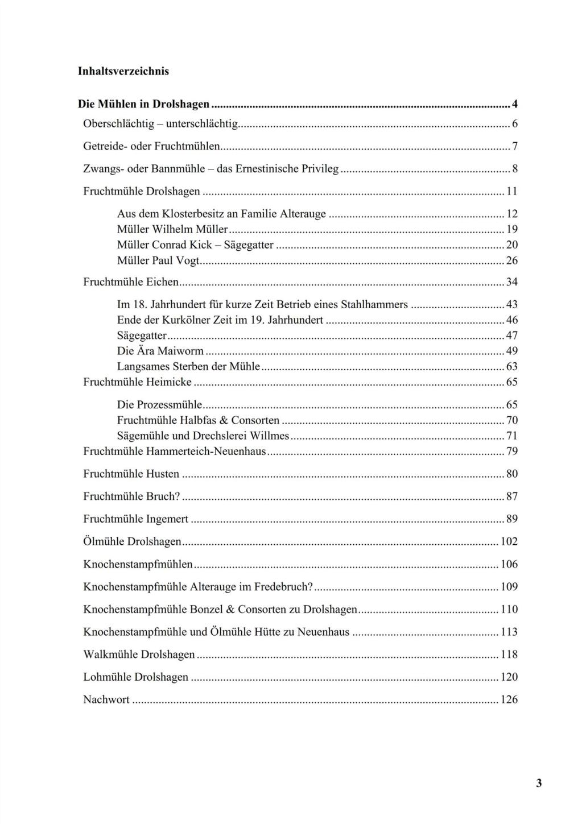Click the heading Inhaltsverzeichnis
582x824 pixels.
point(123,71)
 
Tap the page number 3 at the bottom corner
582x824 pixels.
point(539,784)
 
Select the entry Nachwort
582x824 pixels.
point(106,700)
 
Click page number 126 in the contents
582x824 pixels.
point(509,700)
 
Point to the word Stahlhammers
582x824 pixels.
point(378,305)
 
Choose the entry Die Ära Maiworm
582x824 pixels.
point(160,351)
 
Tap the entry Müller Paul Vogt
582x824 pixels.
point(159,260)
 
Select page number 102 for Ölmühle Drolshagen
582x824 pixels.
point(509,541)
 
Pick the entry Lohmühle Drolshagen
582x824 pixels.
point(135,677)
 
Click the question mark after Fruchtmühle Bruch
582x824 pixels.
point(177,496)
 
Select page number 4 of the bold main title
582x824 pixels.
point(514,104)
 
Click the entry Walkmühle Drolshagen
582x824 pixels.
point(139,655)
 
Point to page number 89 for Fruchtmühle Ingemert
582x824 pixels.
point(511,519)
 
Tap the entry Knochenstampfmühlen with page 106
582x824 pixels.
point(138,564)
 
